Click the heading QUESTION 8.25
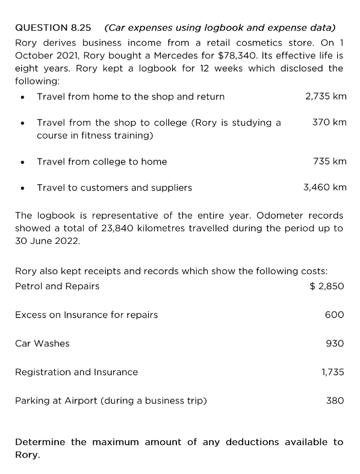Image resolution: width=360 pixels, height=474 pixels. [x=53, y=28]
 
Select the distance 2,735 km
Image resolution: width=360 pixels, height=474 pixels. [x=326, y=96]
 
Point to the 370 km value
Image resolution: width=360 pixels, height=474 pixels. [x=329, y=122]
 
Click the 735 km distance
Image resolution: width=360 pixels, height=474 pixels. [x=329, y=161]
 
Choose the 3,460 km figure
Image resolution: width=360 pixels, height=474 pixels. [x=324, y=187]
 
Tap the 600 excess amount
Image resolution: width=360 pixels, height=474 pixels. [x=334, y=314]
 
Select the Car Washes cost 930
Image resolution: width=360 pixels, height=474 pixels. [x=334, y=343]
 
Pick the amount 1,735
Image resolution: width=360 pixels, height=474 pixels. [x=332, y=372]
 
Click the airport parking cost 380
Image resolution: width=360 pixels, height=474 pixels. [x=334, y=401]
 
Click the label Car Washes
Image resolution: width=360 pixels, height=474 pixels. [x=42, y=343]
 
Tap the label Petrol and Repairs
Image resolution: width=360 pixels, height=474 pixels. [x=57, y=286]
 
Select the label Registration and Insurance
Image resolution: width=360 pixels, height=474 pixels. [x=76, y=372]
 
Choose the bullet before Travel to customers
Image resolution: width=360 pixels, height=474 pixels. [x=22, y=188]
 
